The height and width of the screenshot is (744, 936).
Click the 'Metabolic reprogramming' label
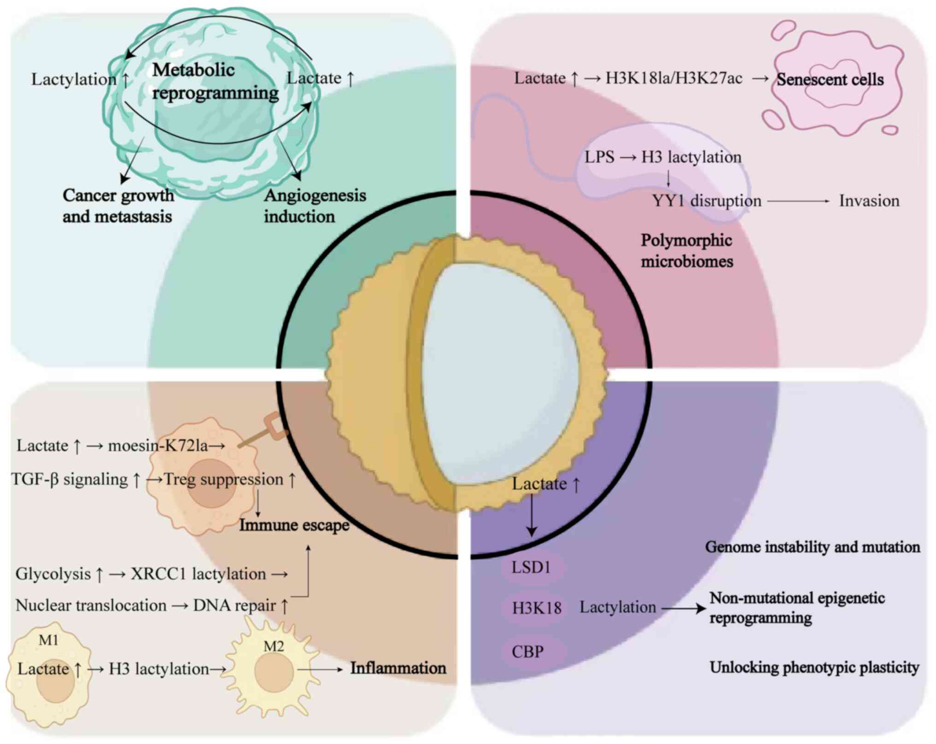[x=215, y=82]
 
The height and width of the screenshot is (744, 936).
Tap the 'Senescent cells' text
[x=830, y=80]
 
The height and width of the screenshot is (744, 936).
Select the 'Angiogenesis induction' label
[x=315, y=206]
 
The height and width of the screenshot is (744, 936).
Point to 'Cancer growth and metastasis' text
[x=118, y=206]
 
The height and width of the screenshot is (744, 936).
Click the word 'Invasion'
[x=869, y=201]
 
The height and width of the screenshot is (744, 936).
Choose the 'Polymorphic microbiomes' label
[x=686, y=251]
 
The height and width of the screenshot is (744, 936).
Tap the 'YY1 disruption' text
[x=706, y=201]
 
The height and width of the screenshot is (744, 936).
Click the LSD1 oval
[x=532, y=567]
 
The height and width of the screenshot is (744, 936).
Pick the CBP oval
[x=528, y=652]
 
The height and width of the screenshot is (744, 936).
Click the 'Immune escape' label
[x=294, y=525]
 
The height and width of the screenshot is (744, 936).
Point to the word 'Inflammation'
[x=398, y=668]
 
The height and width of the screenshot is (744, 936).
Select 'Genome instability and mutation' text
[x=813, y=547]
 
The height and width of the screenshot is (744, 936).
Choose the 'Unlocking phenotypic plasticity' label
[x=814, y=667]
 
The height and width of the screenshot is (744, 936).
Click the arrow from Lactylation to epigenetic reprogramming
[x=683, y=608]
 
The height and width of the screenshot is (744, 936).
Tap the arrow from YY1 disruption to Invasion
[x=798, y=201]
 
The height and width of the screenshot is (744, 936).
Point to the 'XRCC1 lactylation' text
[x=199, y=574]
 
